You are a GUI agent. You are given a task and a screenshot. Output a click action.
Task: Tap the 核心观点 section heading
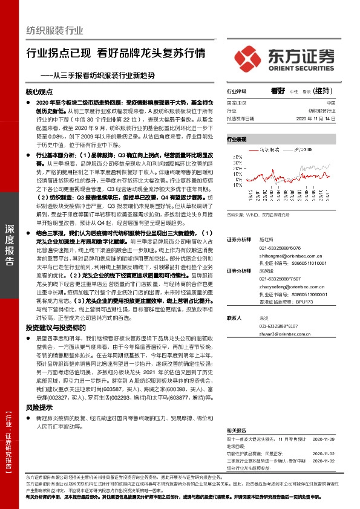(40, 94)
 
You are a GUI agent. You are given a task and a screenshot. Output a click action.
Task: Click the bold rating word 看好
(277, 91)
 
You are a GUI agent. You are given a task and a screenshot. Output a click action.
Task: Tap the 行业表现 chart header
(237, 139)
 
